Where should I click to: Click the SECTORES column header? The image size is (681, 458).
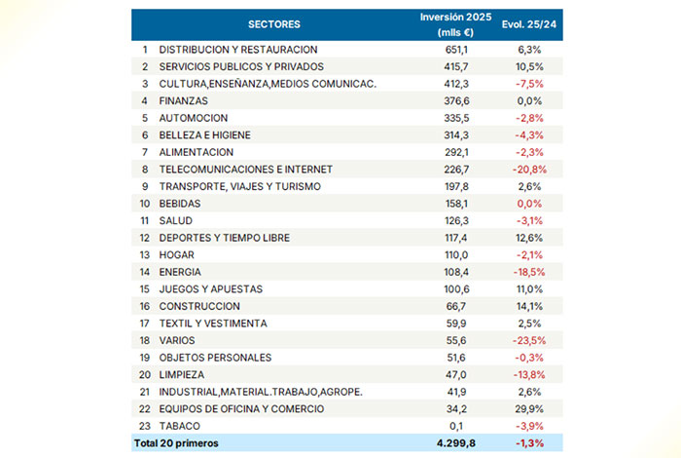tap(274, 23)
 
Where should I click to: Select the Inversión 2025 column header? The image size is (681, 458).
tap(456, 24)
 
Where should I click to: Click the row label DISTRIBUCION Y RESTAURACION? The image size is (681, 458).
tap(238, 49)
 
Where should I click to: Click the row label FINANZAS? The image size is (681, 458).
tap(184, 100)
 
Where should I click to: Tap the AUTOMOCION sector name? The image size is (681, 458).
tap(193, 118)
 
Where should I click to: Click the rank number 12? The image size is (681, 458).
tap(144, 237)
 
